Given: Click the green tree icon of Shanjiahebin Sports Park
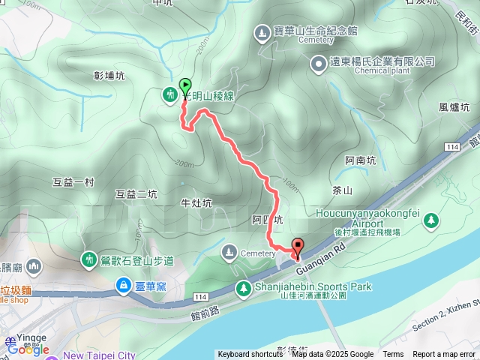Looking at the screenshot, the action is pos(243,288).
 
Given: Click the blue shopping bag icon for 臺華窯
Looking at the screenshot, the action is pos(121,285).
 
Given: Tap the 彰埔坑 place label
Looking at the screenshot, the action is pos(109,76).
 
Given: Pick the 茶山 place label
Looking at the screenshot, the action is pos(342,190).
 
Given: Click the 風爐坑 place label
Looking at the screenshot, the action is pos(454,108).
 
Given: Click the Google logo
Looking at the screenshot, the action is pos(28,349).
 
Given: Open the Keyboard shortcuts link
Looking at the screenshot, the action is pos(250,355).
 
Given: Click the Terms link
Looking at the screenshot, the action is pos(393,355).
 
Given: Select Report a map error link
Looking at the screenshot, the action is pos(445,355).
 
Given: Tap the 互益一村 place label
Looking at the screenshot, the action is pos(73,181).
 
